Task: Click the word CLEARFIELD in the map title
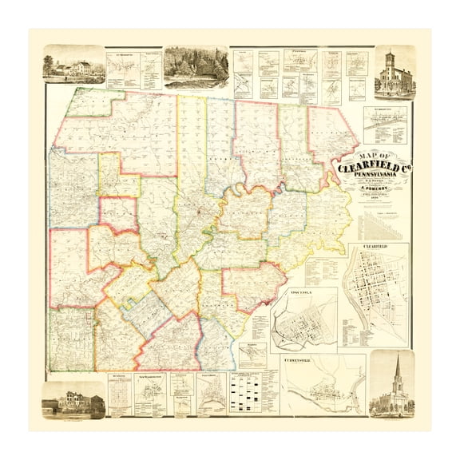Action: click(x=368, y=168)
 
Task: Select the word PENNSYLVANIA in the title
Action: click(x=375, y=177)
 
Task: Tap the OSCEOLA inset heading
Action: click(x=303, y=291)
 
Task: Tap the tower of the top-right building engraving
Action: click(x=391, y=64)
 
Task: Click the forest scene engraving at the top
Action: click(x=196, y=65)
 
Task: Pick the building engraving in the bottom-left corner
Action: click(x=73, y=399)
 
